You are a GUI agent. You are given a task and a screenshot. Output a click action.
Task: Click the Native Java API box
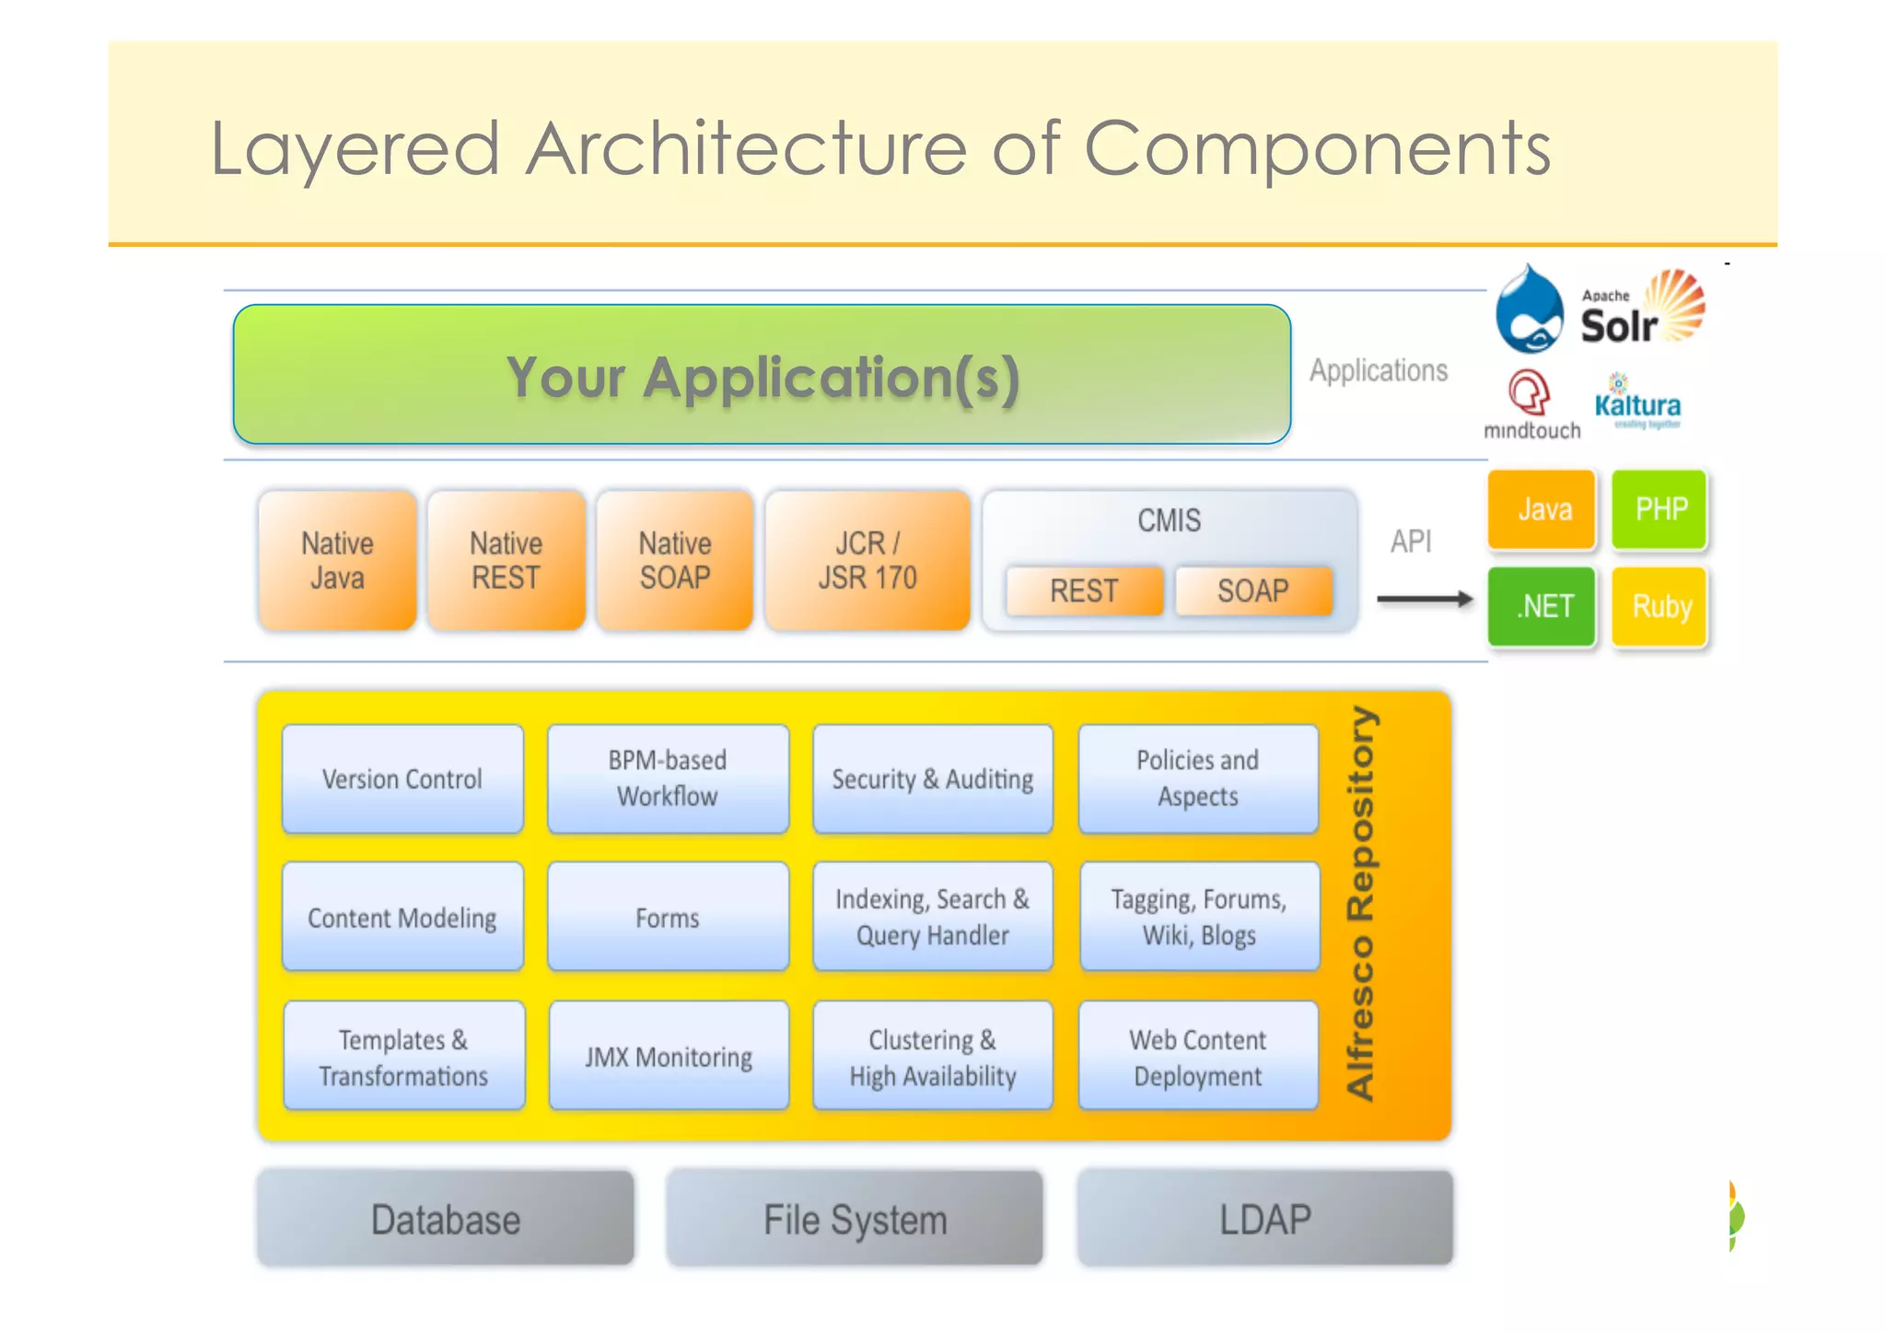(x=337, y=560)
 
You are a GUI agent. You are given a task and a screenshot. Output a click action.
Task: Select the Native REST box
(x=506, y=560)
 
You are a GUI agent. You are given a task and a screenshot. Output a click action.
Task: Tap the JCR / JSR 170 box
(x=867, y=560)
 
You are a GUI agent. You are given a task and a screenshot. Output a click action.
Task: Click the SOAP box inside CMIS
(x=1252, y=590)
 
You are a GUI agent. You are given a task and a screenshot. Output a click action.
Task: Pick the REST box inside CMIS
(x=1084, y=590)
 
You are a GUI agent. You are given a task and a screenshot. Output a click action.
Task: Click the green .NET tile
(x=1541, y=606)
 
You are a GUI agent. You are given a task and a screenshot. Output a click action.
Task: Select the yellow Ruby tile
(x=1660, y=606)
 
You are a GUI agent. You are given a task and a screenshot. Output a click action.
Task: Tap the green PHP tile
(x=1659, y=509)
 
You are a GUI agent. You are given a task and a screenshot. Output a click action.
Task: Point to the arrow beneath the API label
(x=1425, y=600)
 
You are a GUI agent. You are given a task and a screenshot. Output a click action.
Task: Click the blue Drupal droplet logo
(x=1529, y=310)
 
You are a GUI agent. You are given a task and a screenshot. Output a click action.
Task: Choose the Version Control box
(x=402, y=779)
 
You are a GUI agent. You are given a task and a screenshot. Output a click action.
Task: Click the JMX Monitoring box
(x=669, y=1057)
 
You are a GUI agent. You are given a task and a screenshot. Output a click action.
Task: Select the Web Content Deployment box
(x=1197, y=1057)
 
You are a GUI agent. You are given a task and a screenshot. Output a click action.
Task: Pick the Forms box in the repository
(x=668, y=918)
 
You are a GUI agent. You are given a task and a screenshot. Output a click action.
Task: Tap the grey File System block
(x=855, y=1219)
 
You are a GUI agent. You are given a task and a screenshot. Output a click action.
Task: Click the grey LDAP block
(x=1264, y=1219)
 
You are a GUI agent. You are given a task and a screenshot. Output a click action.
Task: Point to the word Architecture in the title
(x=746, y=148)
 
